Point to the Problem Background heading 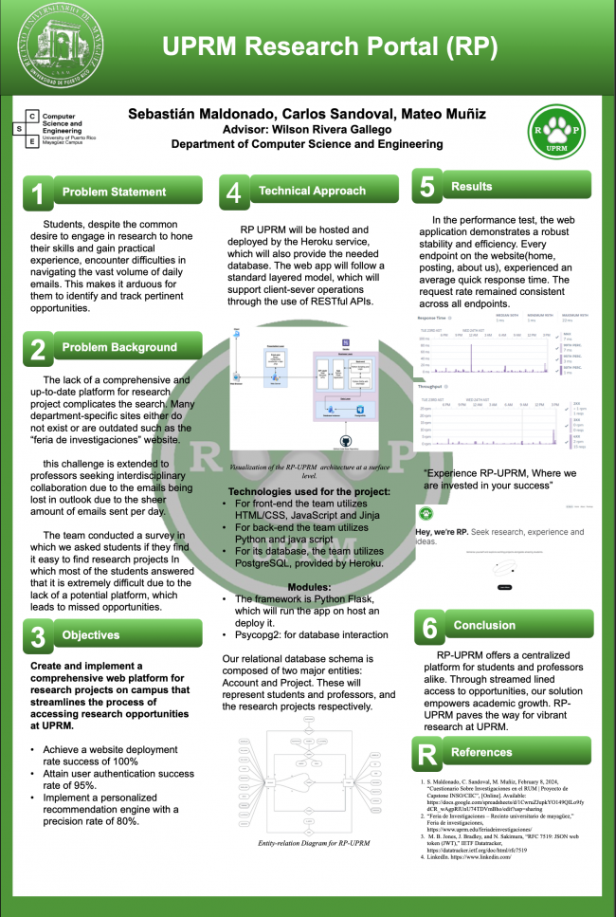click(119, 347)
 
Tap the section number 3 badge click(37, 635)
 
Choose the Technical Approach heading click(312, 191)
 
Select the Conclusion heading click(484, 625)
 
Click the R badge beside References click(427, 752)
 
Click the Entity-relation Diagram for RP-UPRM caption click(314, 843)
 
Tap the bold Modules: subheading click(309, 587)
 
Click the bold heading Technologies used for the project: click(309, 491)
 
